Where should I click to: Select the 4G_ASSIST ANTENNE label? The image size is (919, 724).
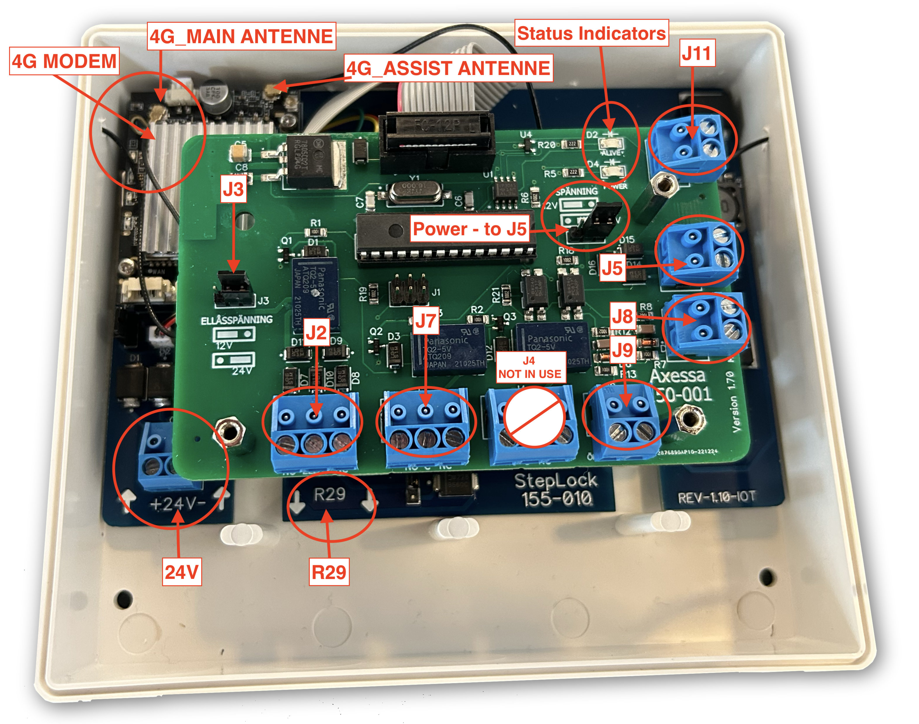[448, 68]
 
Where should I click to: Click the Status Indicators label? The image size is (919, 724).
[591, 33]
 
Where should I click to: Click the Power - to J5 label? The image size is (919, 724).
[470, 229]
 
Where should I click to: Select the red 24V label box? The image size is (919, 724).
[181, 572]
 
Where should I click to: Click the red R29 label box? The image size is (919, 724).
[329, 572]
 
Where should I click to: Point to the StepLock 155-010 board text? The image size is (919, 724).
[556, 490]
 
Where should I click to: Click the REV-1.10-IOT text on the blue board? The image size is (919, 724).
[716, 497]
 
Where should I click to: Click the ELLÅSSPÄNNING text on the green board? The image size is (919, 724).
[237, 320]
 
